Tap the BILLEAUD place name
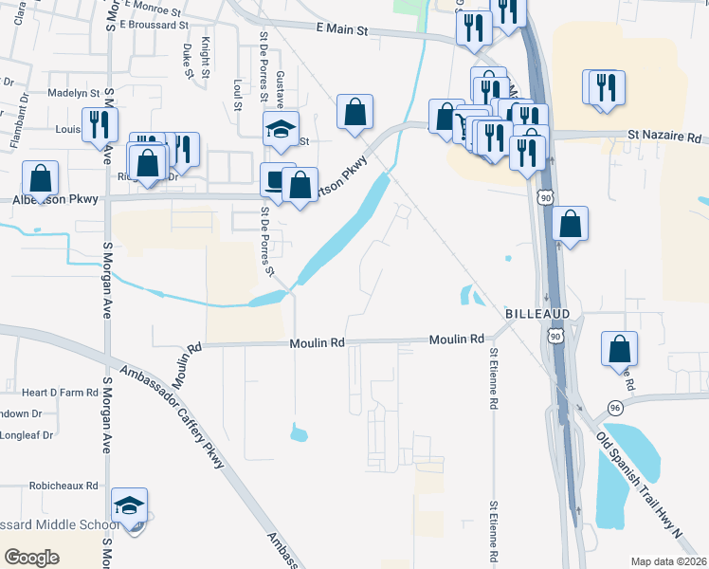pos(537,313)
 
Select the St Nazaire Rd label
pos(664,137)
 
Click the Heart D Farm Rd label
pos(61,392)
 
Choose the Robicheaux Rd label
pos(64,485)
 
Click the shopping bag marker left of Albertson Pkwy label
pos(40,178)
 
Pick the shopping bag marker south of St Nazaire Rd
pos(570,224)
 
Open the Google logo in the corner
pos(31,558)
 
